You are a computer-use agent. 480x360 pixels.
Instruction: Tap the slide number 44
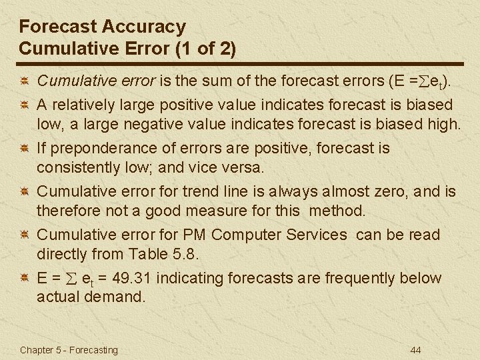coord(417,350)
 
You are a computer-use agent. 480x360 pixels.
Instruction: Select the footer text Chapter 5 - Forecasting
coord(69,350)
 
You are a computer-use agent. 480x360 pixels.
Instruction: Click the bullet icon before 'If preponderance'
coord(23,149)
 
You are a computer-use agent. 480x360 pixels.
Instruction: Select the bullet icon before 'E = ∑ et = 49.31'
coord(23,279)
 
